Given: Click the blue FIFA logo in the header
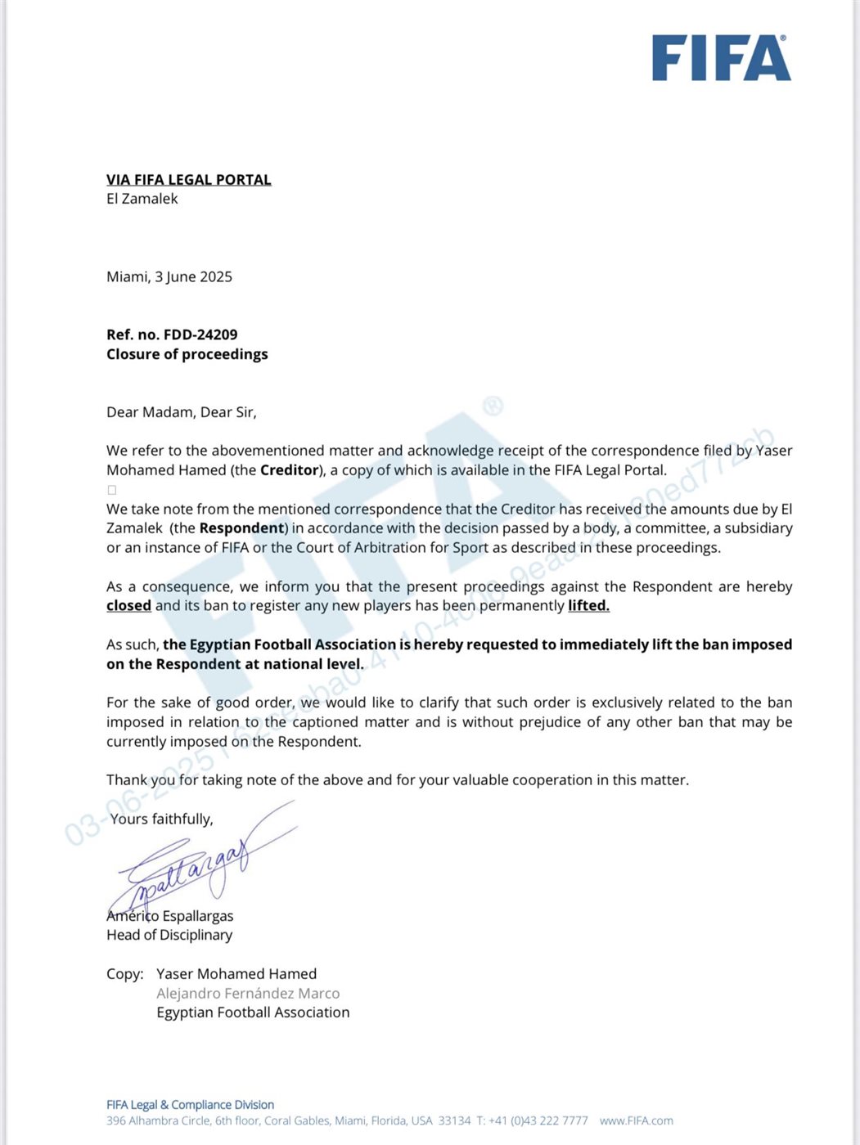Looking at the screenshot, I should click(721, 58).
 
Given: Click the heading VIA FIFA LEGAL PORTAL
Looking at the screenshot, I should click(188, 180).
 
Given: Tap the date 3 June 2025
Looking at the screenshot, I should click(193, 277).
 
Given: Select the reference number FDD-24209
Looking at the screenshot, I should click(200, 335).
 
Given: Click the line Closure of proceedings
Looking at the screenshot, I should click(187, 354).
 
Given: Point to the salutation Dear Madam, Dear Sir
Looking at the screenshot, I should click(181, 412).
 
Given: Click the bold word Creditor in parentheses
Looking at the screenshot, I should click(289, 470).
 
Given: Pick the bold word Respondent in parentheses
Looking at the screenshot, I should click(241, 528).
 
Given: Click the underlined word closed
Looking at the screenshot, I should click(128, 606).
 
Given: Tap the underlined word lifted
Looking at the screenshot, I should click(588, 606).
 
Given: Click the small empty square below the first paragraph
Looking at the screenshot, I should click(112, 490).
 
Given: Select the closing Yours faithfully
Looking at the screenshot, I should click(161, 819).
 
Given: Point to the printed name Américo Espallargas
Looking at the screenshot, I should click(170, 916).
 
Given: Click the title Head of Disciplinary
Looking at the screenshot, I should click(169, 935).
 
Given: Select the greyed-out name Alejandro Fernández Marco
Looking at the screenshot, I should click(248, 994).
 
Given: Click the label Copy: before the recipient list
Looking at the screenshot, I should click(124, 974).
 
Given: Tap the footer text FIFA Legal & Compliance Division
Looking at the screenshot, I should click(190, 1105).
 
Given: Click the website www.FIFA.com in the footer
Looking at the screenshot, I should click(636, 1120).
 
